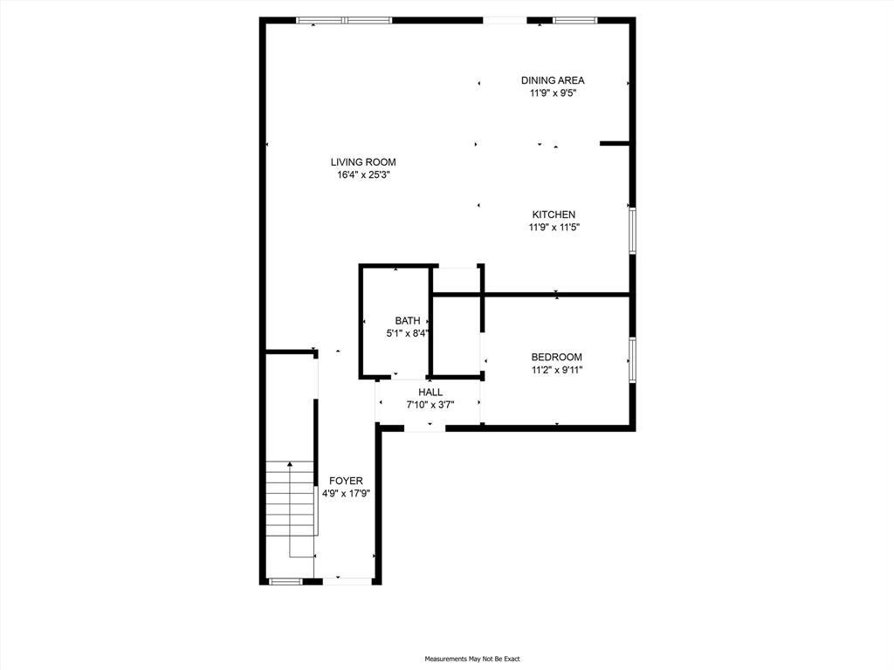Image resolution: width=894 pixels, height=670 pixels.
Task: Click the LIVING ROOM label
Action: [x=363, y=161]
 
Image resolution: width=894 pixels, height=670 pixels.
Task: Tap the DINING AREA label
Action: [x=553, y=80]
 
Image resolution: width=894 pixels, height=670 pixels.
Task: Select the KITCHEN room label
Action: [x=554, y=215]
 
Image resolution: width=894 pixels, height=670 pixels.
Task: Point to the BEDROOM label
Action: [x=556, y=357]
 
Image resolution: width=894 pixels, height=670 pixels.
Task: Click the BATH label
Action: [x=407, y=321]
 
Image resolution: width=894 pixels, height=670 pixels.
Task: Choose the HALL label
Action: [x=430, y=393]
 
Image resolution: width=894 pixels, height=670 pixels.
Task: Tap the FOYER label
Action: [x=346, y=481]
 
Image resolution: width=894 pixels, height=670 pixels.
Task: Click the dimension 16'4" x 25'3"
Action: [x=363, y=174]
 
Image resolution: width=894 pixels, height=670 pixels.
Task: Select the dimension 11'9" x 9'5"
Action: [x=553, y=92]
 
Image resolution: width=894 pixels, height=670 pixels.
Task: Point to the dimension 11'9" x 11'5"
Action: [x=554, y=228]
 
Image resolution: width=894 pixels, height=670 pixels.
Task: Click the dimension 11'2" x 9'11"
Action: [x=556, y=370]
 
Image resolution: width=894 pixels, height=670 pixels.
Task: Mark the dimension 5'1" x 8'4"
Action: [x=407, y=333]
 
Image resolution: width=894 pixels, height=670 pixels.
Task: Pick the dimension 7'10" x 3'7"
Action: [x=430, y=405]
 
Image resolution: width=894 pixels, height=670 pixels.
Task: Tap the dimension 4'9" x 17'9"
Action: [x=346, y=493]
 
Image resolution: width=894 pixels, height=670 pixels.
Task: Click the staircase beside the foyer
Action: [x=290, y=510]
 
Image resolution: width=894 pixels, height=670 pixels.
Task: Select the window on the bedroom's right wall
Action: [x=632, y=359]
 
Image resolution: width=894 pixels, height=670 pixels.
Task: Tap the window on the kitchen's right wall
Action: [x=632, y=229]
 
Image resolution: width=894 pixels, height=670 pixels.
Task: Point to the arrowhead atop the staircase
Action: [x=290, y=464]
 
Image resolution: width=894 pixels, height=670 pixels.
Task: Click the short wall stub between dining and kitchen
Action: [x=615, y=143]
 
